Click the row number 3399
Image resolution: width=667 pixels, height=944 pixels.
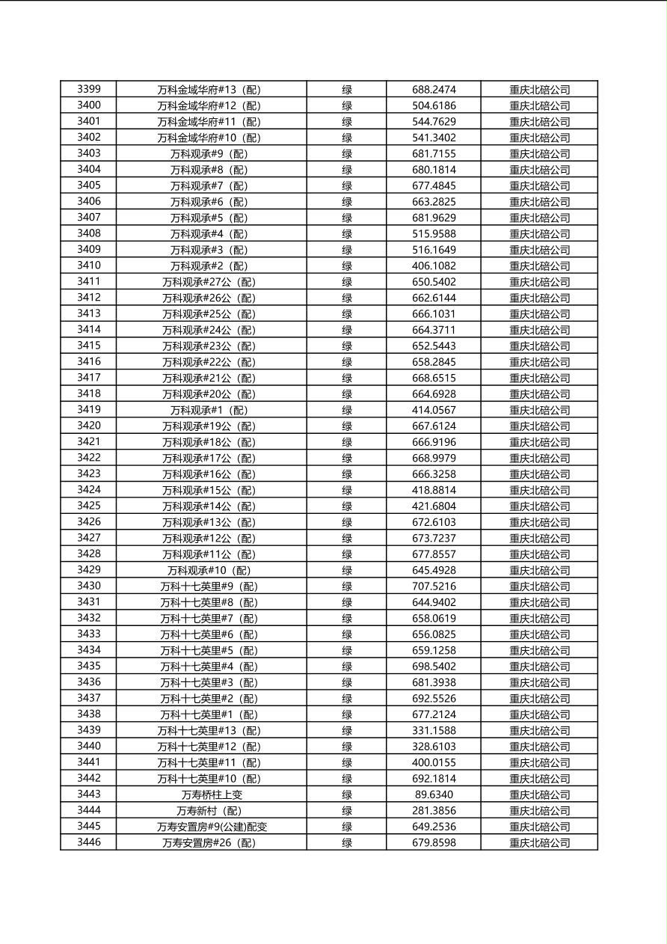point(88,89)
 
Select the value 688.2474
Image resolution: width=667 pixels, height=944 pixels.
point(434,90)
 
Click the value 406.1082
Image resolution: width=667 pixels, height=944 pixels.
point(434,266)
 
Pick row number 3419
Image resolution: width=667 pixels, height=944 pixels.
point(88,410)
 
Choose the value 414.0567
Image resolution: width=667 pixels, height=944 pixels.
point(434,410)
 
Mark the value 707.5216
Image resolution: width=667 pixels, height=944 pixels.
point(434,586)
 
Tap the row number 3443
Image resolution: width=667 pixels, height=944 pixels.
point(88,794)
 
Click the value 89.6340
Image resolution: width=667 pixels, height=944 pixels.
point(434,794)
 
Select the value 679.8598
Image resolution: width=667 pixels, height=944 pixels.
point(434,843)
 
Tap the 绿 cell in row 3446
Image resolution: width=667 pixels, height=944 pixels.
point(347,843)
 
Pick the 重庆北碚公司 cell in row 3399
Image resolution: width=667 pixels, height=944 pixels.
point(539,90)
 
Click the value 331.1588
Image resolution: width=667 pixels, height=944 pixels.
point(434,731)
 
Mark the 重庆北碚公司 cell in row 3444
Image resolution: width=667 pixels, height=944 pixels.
point(539,811)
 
